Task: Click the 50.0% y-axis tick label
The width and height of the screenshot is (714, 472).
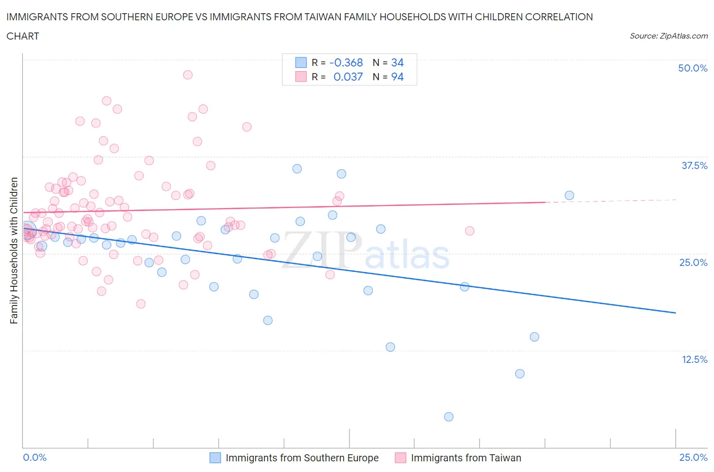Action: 693,68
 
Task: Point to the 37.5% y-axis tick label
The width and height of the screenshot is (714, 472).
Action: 694,165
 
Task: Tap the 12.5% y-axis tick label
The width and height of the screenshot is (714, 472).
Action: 694,359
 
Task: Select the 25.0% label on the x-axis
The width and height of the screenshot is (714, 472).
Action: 693,457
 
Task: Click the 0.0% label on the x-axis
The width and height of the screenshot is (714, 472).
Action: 35,457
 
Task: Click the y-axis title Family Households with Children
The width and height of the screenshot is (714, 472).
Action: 14,250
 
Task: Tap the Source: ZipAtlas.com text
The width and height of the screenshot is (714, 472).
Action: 668,36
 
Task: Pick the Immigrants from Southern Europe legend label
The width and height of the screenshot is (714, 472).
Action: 302,458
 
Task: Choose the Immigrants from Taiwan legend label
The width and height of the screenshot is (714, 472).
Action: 466,458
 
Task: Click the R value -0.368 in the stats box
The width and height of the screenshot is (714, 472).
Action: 346,62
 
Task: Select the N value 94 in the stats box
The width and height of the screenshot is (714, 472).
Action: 397,77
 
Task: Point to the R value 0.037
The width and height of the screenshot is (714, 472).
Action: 348,77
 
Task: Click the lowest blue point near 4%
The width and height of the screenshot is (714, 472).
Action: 448,417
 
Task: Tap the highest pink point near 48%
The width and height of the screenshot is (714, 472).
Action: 187,75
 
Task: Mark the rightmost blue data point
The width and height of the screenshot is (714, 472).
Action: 569,195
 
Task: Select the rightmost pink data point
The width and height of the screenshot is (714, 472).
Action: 469,231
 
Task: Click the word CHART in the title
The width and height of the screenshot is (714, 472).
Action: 23,36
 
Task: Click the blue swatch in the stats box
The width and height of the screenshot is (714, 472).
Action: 301,62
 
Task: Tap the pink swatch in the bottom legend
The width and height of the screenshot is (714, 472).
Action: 401,458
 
